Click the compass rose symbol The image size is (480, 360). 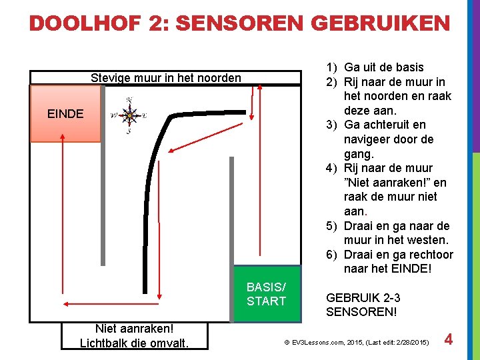tap(129, 115)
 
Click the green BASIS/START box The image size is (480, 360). tap(266, 294)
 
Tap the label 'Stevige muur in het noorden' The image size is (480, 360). tap(166, 78)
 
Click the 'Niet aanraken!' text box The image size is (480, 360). tap(134, 335)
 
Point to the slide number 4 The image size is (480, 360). tap(449, 340)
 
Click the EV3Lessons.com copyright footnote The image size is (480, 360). tap(354, 341)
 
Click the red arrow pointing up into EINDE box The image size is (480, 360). tap(61, 213)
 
